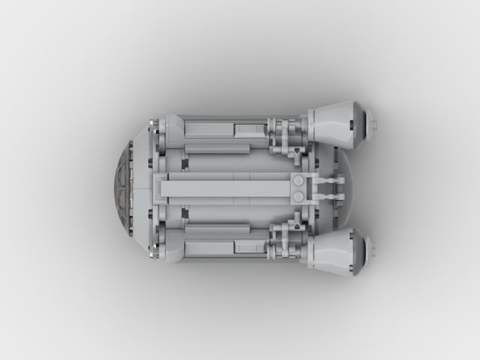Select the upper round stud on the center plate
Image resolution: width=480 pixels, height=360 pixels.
click(x=298, y=181)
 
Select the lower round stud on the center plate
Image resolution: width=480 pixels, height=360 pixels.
click(x=298, y=196)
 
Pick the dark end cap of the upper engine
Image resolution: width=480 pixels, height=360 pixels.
click(x=359, y=124)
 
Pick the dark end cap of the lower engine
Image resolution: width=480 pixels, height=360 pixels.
click(x=359, y=253)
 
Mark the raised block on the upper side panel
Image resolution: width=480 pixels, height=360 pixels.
click(x=249, y=130)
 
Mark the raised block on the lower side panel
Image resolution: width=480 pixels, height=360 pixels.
click(x=249, y=246)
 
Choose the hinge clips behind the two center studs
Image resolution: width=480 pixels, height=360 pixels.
click(x=327, y=188)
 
